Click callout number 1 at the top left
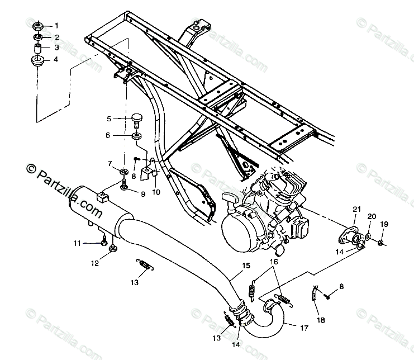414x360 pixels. click(56, 26)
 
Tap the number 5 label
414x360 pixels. click(110, 119)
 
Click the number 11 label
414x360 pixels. click(77, 243)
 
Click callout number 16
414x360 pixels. click(274, 262)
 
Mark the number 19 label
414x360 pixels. click(384, 224)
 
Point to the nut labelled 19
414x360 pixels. click(380, 242)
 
